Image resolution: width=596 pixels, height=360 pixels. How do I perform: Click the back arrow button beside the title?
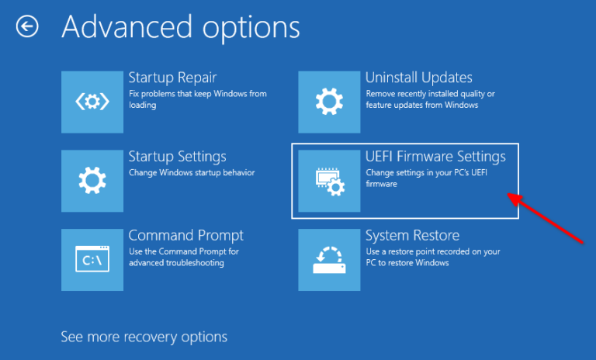pyautogui.click(x=28, y=27)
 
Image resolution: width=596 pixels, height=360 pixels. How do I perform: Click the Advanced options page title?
pyautogui.click(x=180, y=27)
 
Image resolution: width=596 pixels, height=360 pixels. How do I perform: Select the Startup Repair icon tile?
pyautogui.click(x=92, y=101)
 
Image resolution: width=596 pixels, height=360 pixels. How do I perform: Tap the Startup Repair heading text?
pyautogui.click(x=172, y=78)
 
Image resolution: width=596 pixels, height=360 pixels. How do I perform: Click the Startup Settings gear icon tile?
pyautogui.click(x=92, y=181)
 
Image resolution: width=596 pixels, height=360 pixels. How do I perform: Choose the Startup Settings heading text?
pyautogui.click(x=177, y=157)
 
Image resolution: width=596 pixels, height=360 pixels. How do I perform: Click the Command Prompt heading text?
pyautogui.click(x=185, y=235)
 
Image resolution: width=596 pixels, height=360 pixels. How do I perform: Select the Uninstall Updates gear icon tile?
pyautogui.click(x=330, y=101)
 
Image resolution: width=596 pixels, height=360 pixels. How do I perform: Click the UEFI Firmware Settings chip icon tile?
pyautogui.click(x=330, y=181)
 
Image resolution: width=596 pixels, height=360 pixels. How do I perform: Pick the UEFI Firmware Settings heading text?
pyautogui.click(x=435, y=157)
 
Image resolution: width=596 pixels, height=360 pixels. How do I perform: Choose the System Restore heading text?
pyautogui.click(x=412, y=235)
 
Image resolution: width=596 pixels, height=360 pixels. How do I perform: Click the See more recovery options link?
pyautogui.click(x=144, y=337)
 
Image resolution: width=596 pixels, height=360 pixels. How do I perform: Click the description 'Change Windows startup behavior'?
pyautogui.click(x=191, y=172)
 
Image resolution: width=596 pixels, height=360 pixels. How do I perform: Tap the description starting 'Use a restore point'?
pyautogui.click(x=432, y=257)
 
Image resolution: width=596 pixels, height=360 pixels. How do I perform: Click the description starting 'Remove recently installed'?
pyautogui.click(x=429, y=99)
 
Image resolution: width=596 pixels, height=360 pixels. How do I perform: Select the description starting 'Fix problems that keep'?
pyautogui.click(x=197, y=99)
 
